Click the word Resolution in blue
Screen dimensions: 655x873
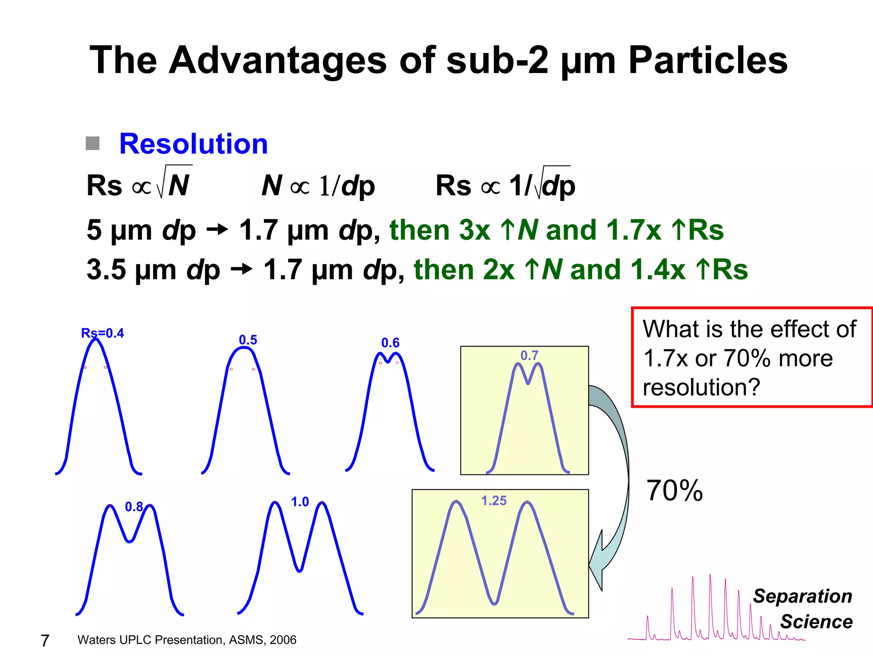pos(193,144)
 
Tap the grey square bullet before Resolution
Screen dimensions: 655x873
pos(93,143)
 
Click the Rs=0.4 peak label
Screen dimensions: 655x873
pos(102,333)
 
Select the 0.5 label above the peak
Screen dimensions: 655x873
pos(248,340)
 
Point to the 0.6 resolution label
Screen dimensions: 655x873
pos(390,343)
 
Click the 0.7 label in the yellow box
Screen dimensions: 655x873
pos(529,355)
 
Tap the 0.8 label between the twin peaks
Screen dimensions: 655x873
pos(134,507)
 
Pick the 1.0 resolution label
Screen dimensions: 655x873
pos(300,502)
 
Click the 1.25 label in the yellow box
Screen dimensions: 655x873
pos(494,501)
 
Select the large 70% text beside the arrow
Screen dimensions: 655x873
pos(674,491)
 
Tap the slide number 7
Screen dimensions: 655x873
pos(45,641)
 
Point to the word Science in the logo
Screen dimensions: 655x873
pos(816,622)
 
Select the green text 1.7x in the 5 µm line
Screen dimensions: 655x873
pos(633,230)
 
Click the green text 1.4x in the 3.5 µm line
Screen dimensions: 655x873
pos(658,270)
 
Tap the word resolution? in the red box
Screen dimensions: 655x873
pos(701,387)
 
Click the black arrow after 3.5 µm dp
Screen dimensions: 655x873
pos(241,270)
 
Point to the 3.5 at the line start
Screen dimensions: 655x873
pos(106,270)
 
